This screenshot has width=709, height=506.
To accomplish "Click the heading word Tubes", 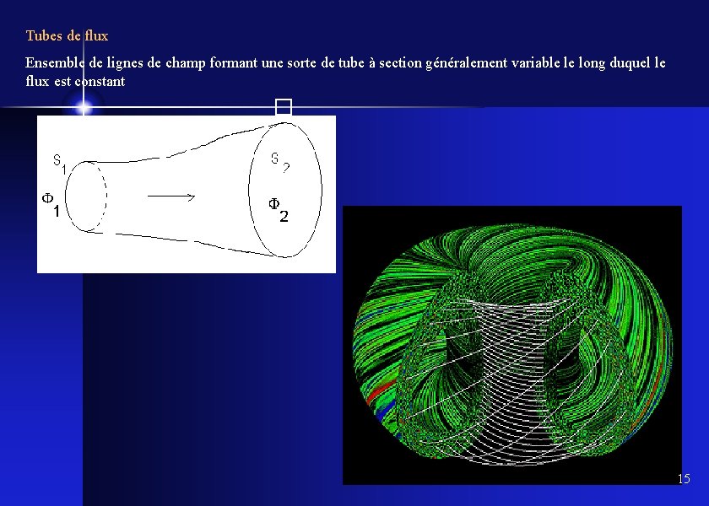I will pyautogui.click(x=43, y=36).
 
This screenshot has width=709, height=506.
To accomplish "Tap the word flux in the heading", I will pyautogui.click(x=96, y=36).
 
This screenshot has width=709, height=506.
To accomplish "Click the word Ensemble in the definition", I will pyautogui.click(x=53, y=63).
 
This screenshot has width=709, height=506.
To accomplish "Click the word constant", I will pyautogui.click(x=100, y=82).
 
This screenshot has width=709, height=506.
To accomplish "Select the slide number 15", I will pyautogui.click(x=683, y=479).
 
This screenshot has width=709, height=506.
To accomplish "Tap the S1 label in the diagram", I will pyautogui.click(x=59, y=163).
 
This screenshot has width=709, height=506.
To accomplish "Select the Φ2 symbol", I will pyautogui.click(x=278, y=209).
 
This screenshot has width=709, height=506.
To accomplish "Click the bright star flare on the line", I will pyautogui.click(x=83, y=107).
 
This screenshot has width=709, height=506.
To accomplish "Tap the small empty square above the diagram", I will pyautogui.click(x=283, y=107).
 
